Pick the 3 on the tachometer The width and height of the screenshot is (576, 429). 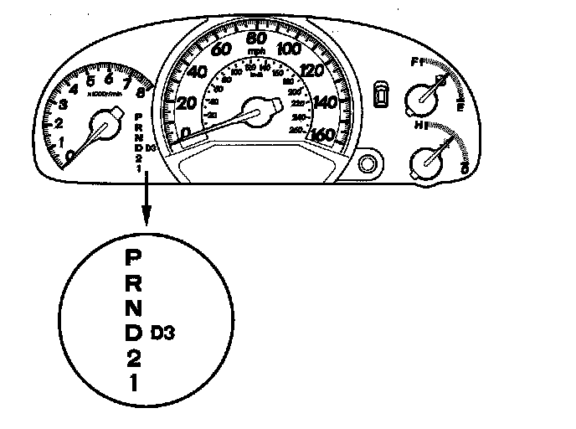click(63, 104)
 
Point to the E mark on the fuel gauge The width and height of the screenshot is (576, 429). click(460, 106)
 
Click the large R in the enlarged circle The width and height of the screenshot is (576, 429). click(133, 282)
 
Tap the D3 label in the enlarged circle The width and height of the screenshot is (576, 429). click(163, 333)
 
